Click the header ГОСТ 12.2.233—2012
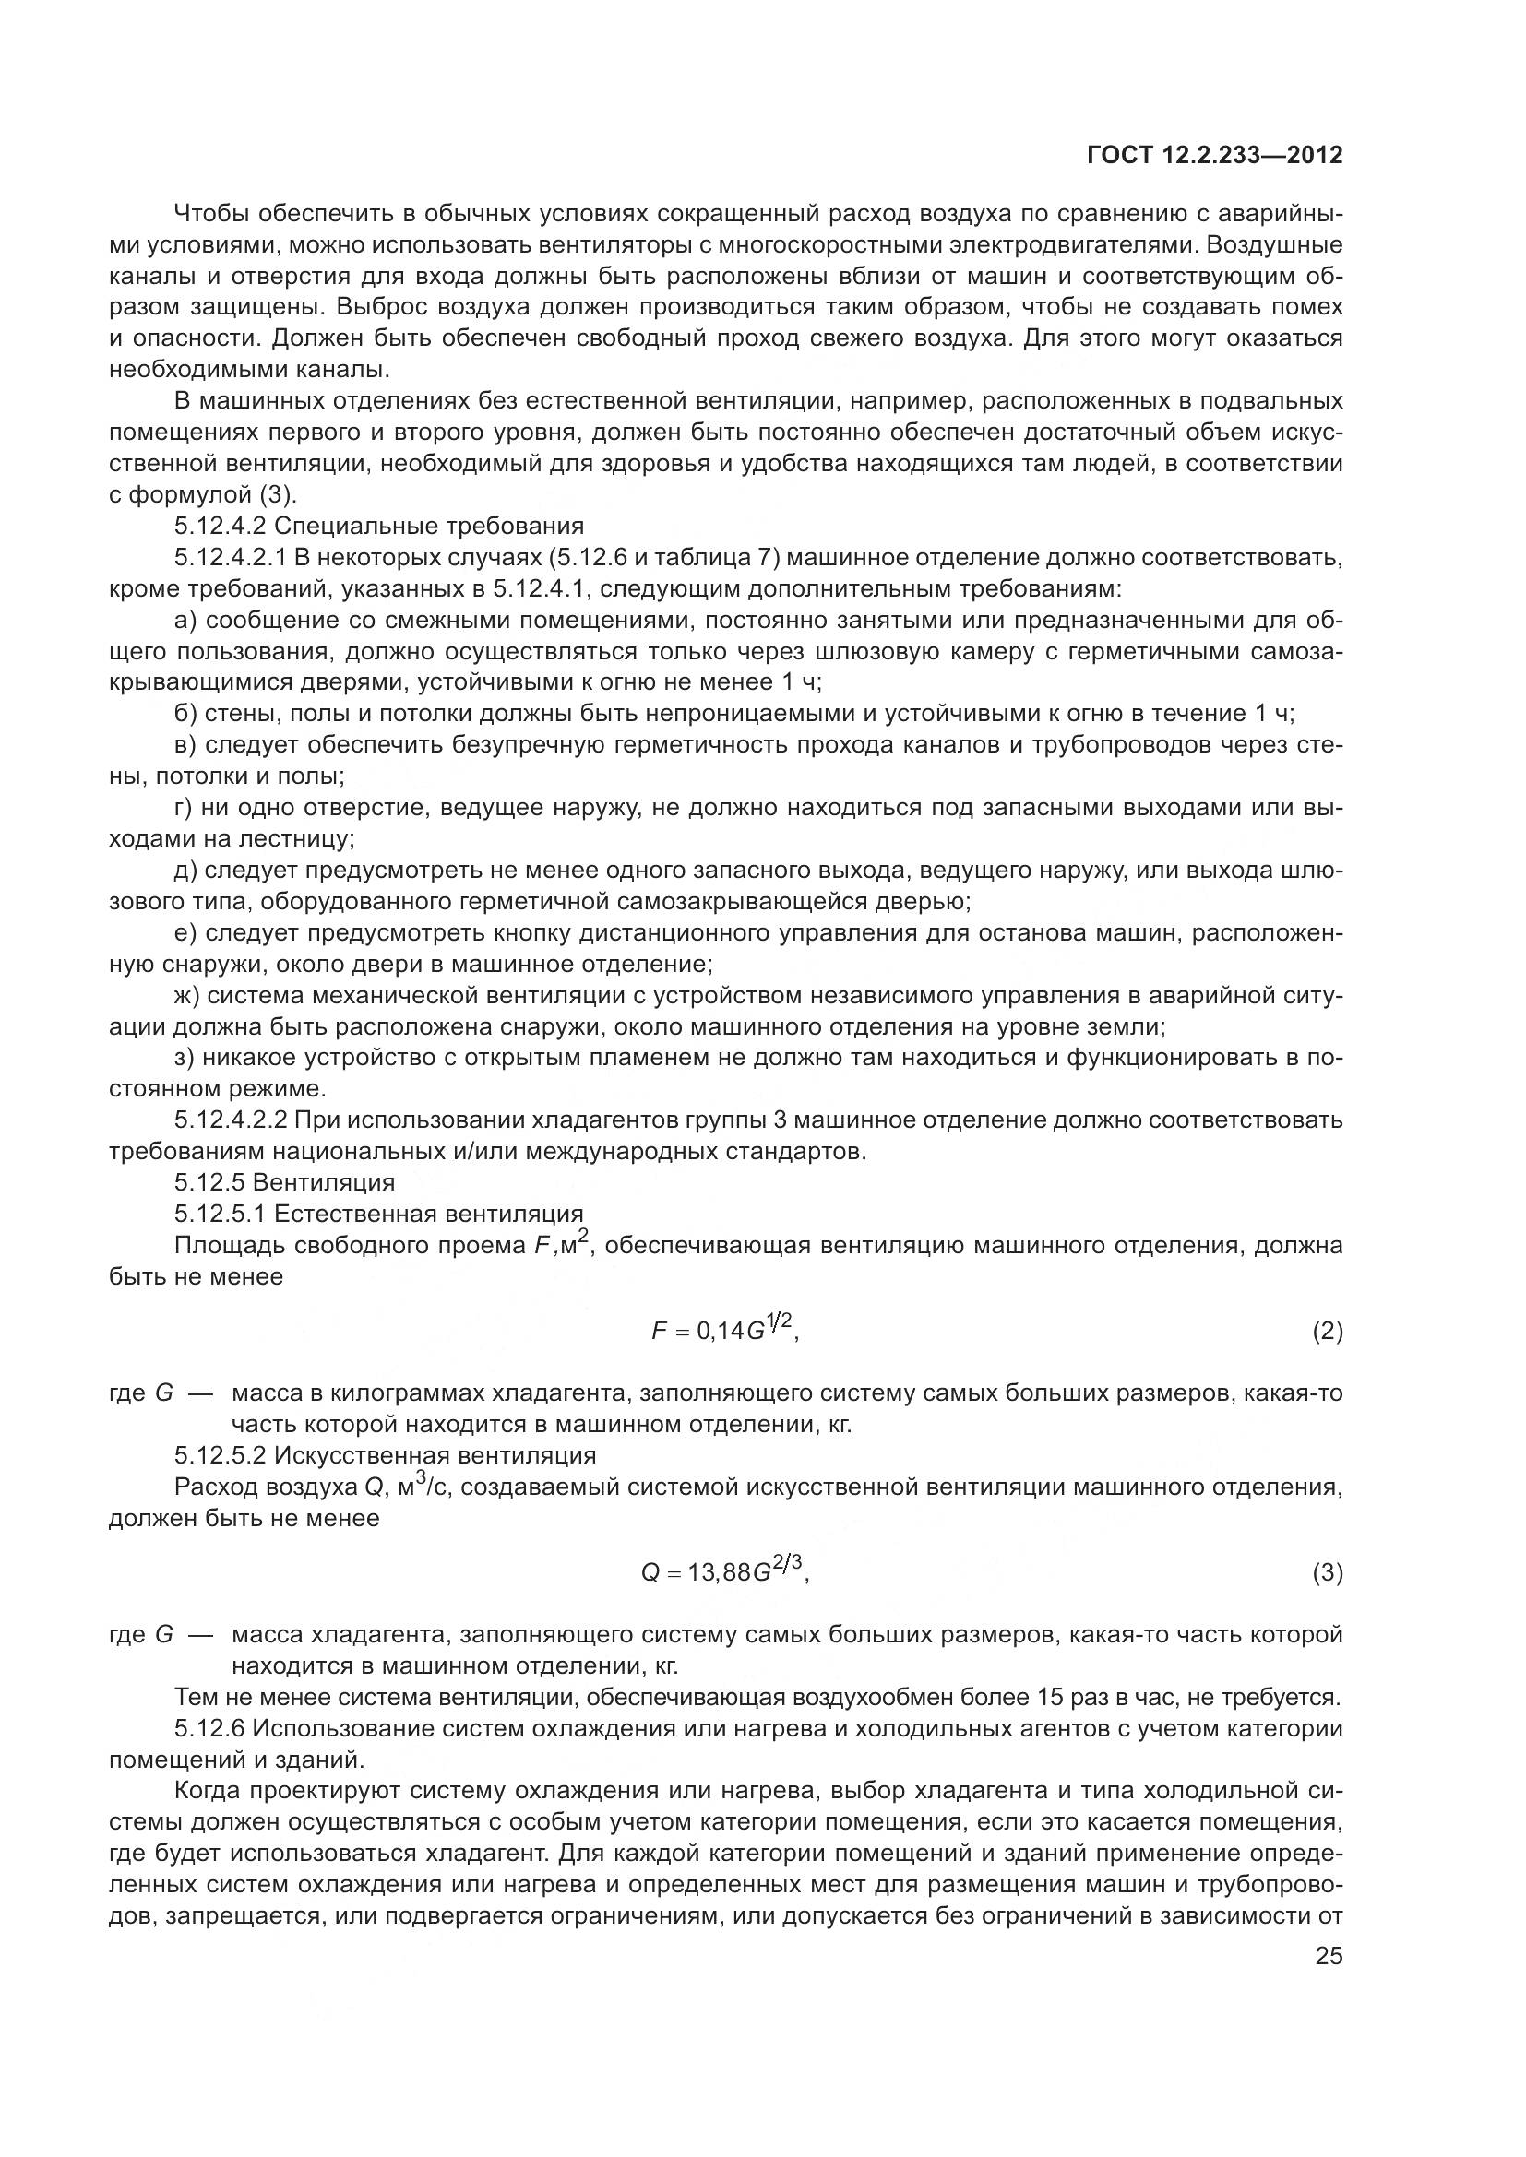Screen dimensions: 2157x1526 tap(1214, 156)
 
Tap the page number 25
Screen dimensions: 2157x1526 tap(1329, 1957)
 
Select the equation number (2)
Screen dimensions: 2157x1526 tap(1327, 1332)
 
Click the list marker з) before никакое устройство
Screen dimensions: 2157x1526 tap(185, 1058)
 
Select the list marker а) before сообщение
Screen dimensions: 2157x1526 tap(185, 621)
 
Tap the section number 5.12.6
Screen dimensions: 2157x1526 tap(209, 1728)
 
